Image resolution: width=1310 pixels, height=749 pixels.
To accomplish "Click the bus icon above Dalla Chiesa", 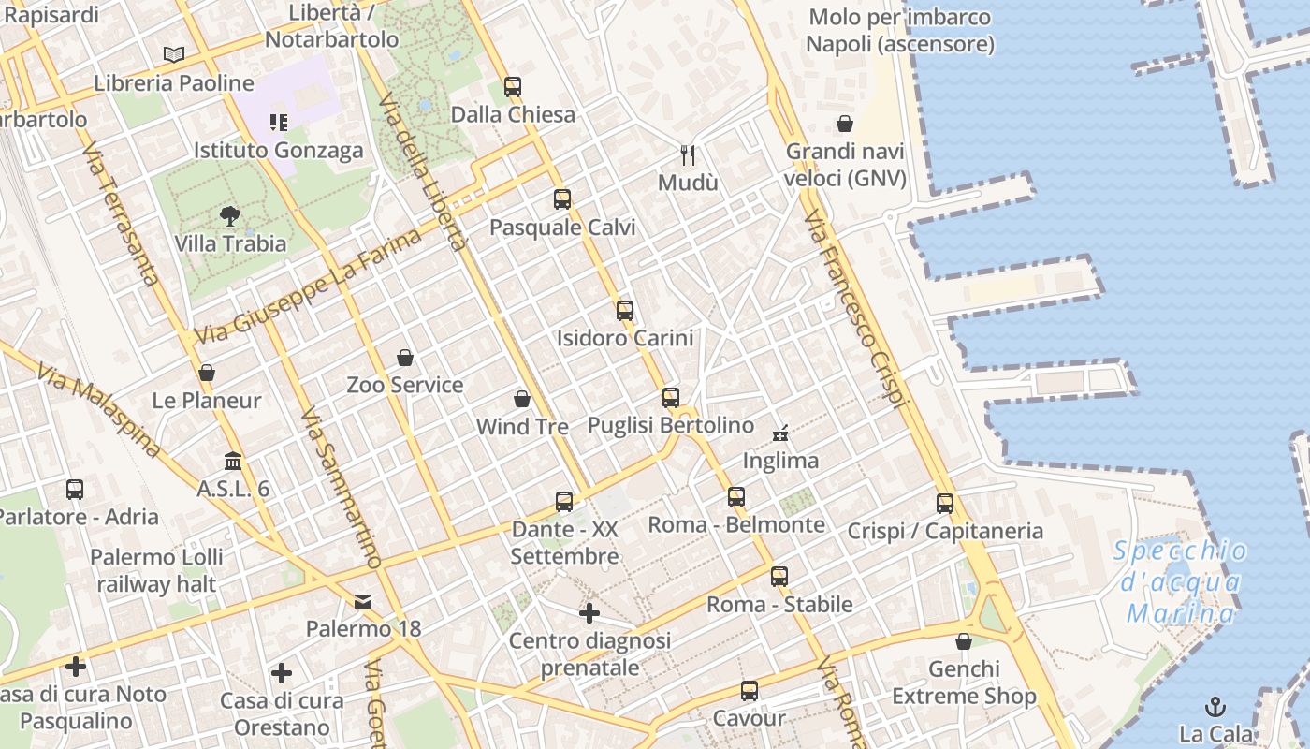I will tap(512, 87).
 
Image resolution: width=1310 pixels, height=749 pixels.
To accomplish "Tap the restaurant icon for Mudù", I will tap(688, 154).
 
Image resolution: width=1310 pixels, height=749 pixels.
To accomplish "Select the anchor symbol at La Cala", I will tap(1215, 707).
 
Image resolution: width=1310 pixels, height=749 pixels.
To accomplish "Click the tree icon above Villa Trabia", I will tap(230, 216).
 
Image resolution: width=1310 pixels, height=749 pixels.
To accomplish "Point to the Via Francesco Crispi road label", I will tap(855, 308).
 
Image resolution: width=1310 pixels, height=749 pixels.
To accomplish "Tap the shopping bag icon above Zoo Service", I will tap(405, 358).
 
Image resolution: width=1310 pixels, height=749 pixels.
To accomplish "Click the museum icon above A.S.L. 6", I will tap(233, 462).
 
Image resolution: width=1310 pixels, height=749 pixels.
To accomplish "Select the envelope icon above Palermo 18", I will tap(363, 602).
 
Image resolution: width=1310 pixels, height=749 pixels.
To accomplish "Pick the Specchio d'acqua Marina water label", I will tap(1181, 582).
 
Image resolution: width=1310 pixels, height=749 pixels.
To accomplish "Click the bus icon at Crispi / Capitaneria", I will tap(944, 504).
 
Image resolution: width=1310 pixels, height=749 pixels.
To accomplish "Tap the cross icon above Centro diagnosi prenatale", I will tap(589, 613).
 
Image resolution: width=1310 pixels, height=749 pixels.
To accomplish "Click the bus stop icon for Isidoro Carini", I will tap(624, 311).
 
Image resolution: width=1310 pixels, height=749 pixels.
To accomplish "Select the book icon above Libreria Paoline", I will tap(174, 55).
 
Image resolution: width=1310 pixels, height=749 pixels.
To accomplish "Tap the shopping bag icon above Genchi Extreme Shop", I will tap(964, 642).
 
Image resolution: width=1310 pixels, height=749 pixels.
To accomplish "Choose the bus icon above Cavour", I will tap(749, 692).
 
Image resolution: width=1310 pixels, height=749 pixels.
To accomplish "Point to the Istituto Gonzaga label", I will tap(278, 151).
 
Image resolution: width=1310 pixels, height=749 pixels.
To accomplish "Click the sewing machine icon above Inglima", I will tap(780, 433).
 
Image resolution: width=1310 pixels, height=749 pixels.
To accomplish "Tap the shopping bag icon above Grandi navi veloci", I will tap(845, 124).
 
